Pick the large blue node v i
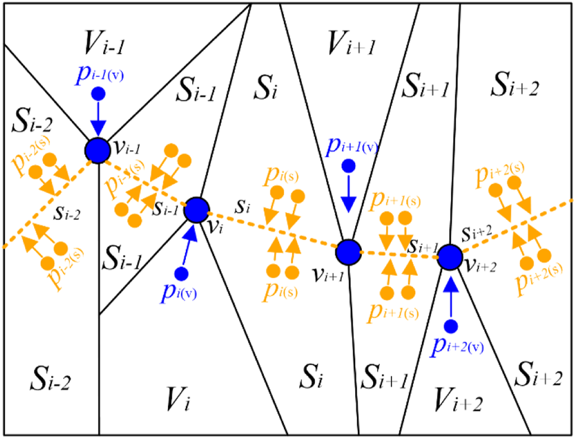pyautogui.click(x=197, y=210)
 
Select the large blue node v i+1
pyautogui.click(x=348, y=252)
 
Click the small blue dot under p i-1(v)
pyautogui.click(x=97, y=94)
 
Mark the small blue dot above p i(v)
pyautogui.click(x=181, y=273)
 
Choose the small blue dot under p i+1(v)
pyautogui.click(x=349, y=166)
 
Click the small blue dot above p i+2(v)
pyautogui.click(x=451, y=325)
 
